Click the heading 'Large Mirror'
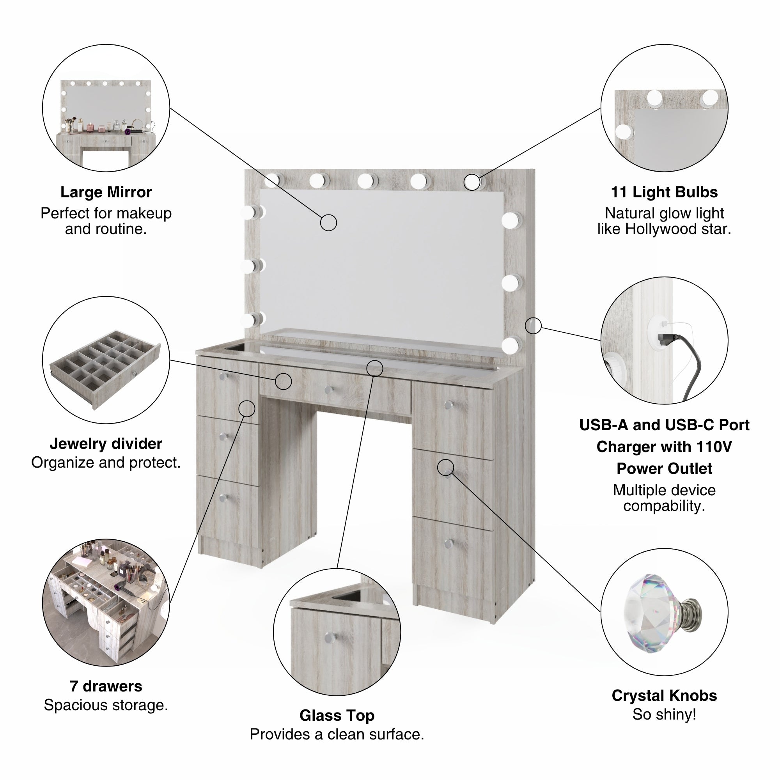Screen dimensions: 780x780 (106, 192)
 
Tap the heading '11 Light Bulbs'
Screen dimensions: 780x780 (664, 192)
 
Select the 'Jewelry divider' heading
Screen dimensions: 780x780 (106, 444)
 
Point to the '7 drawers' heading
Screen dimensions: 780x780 (106, 686)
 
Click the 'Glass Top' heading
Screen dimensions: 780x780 (337, 715)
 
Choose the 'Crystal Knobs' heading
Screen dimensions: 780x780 (664, 695)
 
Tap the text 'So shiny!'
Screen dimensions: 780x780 (664, 714)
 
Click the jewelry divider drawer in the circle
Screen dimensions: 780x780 (105, 369)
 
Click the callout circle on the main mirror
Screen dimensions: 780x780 (328, 222)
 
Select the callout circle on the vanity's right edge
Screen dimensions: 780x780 (533, 326)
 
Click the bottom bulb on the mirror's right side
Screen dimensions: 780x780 (511, 345)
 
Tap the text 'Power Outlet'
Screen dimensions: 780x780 (664, 468)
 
